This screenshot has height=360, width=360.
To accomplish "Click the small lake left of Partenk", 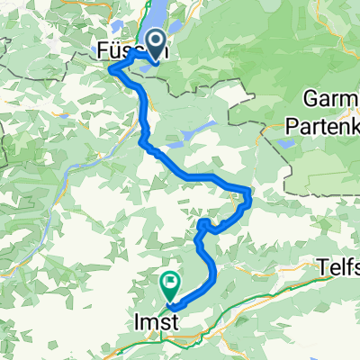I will (285, 141).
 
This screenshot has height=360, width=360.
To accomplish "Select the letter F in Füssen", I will (100, 53).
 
